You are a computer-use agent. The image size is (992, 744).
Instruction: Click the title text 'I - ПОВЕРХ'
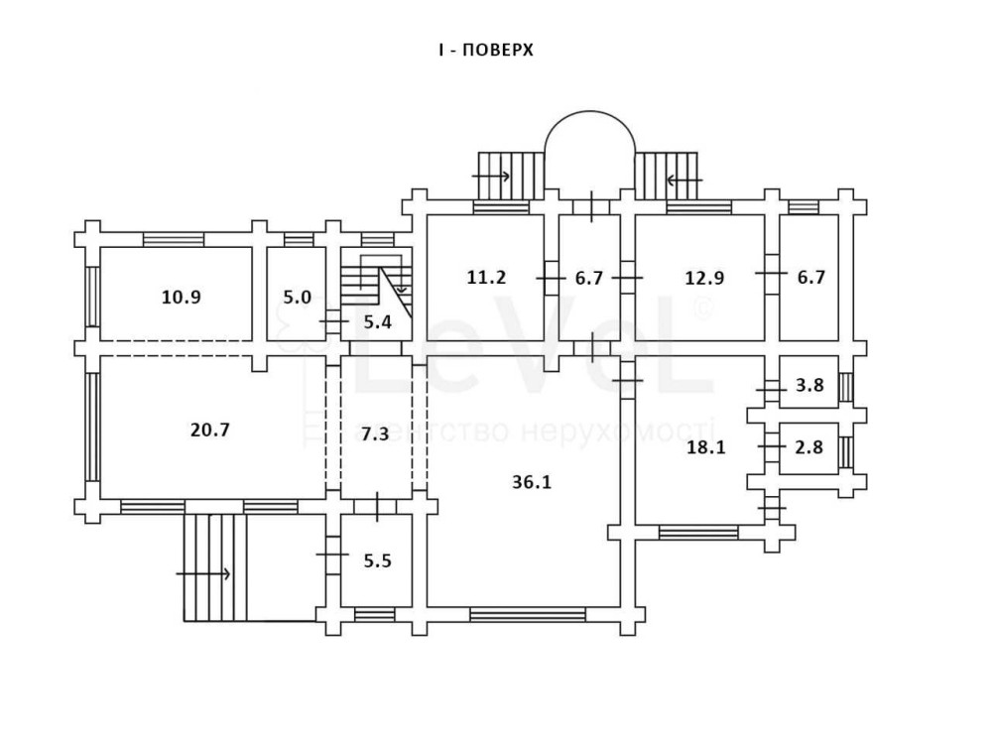click(x=486, y=50)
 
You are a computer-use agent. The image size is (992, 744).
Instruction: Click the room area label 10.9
click(x=181, y=297)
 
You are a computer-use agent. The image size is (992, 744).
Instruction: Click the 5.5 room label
click(x=377, y=560)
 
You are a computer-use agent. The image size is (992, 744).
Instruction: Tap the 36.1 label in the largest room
click(x=531, y=482)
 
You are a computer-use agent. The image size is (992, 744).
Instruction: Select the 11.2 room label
click(x=486, y=277)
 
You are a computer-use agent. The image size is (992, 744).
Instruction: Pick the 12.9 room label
click(x=704, y=278)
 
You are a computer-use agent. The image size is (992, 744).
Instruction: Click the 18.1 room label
click(x=706, y=446)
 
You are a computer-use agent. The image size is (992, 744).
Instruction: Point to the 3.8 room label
click(x=810, y=386)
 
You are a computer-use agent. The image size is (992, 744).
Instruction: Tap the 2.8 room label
click(x=810, y=446)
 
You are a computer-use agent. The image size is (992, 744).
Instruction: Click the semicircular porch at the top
click(x=589, y=149)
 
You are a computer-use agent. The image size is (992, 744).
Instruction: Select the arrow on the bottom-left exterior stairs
click(x=203, y=573)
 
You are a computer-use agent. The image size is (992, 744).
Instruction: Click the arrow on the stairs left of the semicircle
click(x=491, y=177)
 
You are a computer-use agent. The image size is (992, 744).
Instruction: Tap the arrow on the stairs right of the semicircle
click(x=684, y=180)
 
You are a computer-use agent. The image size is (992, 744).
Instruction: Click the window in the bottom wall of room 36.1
click(x=528, y=615)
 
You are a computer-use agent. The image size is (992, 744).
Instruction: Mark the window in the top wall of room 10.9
click(x=174, y=239)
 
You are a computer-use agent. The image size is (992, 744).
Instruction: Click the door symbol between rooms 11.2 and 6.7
click(x=551, y=279)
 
